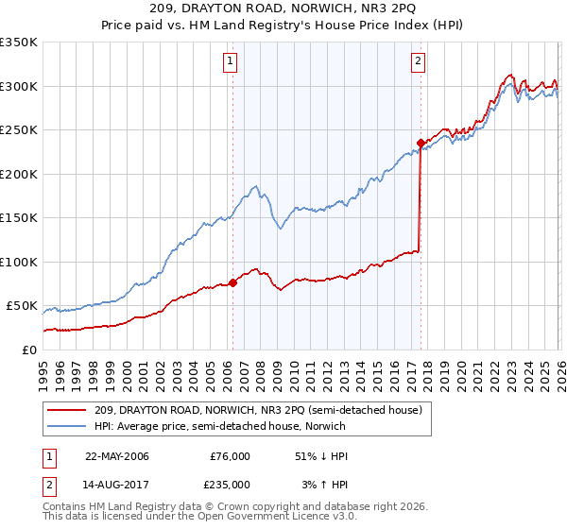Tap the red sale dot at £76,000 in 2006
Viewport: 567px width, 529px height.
(232, 282)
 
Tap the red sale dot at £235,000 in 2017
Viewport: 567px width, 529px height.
(420, 144)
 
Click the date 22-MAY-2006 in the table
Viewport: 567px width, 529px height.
(117, 456)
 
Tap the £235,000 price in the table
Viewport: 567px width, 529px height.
(230, 485)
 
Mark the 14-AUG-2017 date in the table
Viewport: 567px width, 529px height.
(117, 485)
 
